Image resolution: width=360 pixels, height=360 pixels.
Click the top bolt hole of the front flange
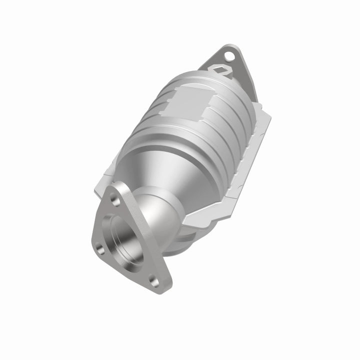click(x=116, y=200)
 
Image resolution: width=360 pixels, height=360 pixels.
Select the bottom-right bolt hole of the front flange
click(x=154, y=282)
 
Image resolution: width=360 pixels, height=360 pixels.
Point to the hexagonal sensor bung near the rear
click(x=223, y=70)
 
